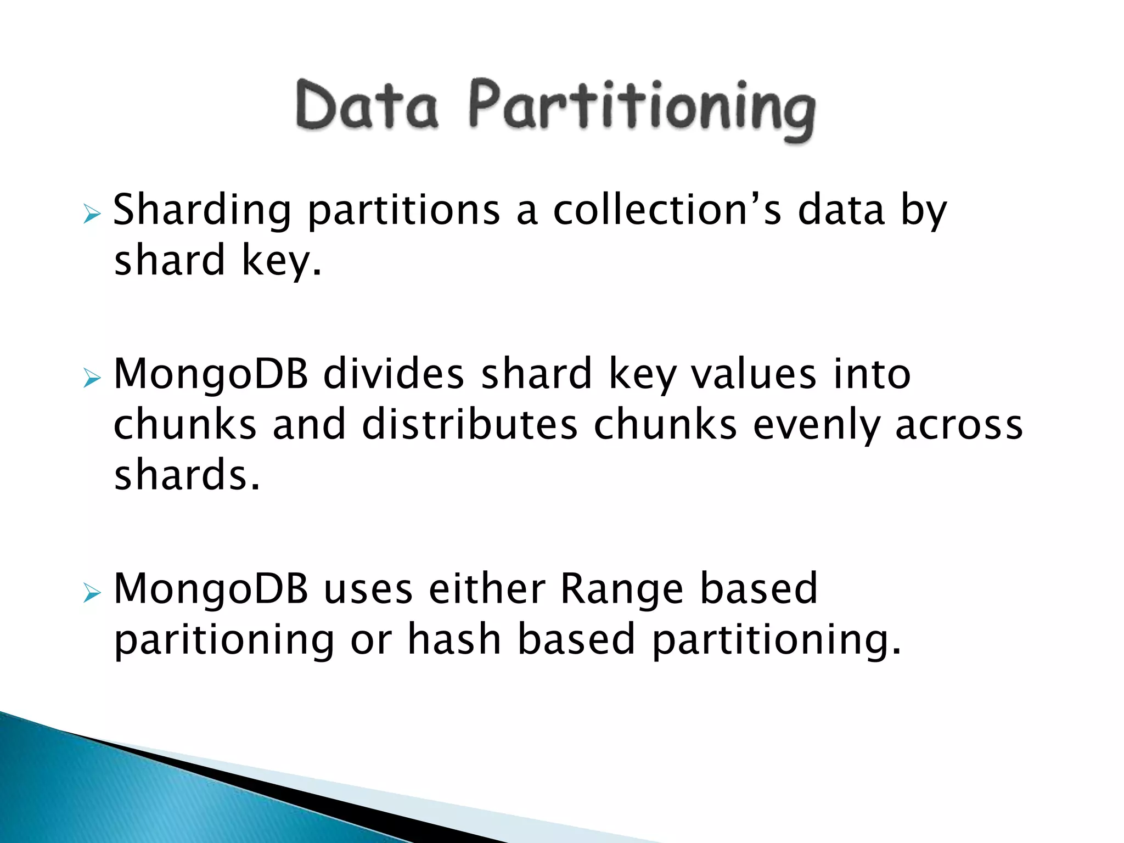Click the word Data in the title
tap(367, 105)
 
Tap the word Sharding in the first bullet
tap(202, 211)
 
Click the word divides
tap(394, 374)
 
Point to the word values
tap(754, 374)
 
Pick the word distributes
tap(470, 425)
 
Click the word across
tap(959, 425)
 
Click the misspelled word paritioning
tap(224, 640)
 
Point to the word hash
tap(454, 639)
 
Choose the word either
tap(487, 588)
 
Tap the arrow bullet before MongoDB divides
tap(92, 378)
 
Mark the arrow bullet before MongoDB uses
tap(92, 593)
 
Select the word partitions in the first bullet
tap(404, 211)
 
